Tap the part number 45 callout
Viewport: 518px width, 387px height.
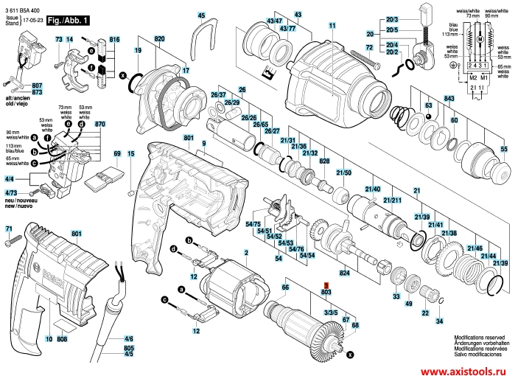coord(202,15)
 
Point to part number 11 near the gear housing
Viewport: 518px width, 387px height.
coord(332,26)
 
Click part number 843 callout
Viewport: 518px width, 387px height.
coord(448,99)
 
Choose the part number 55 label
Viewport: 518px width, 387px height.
coord(504,150)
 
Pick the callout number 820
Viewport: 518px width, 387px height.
coord(160,38)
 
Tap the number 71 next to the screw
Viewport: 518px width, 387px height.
coord(9,231)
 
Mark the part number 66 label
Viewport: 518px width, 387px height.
coord(286,286)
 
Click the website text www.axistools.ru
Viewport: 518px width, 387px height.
coord(466,374)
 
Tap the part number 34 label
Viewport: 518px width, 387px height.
coord(439,321)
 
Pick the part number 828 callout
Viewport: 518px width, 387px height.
coord(323,161)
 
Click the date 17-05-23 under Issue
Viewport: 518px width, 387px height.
coord(32,21)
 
